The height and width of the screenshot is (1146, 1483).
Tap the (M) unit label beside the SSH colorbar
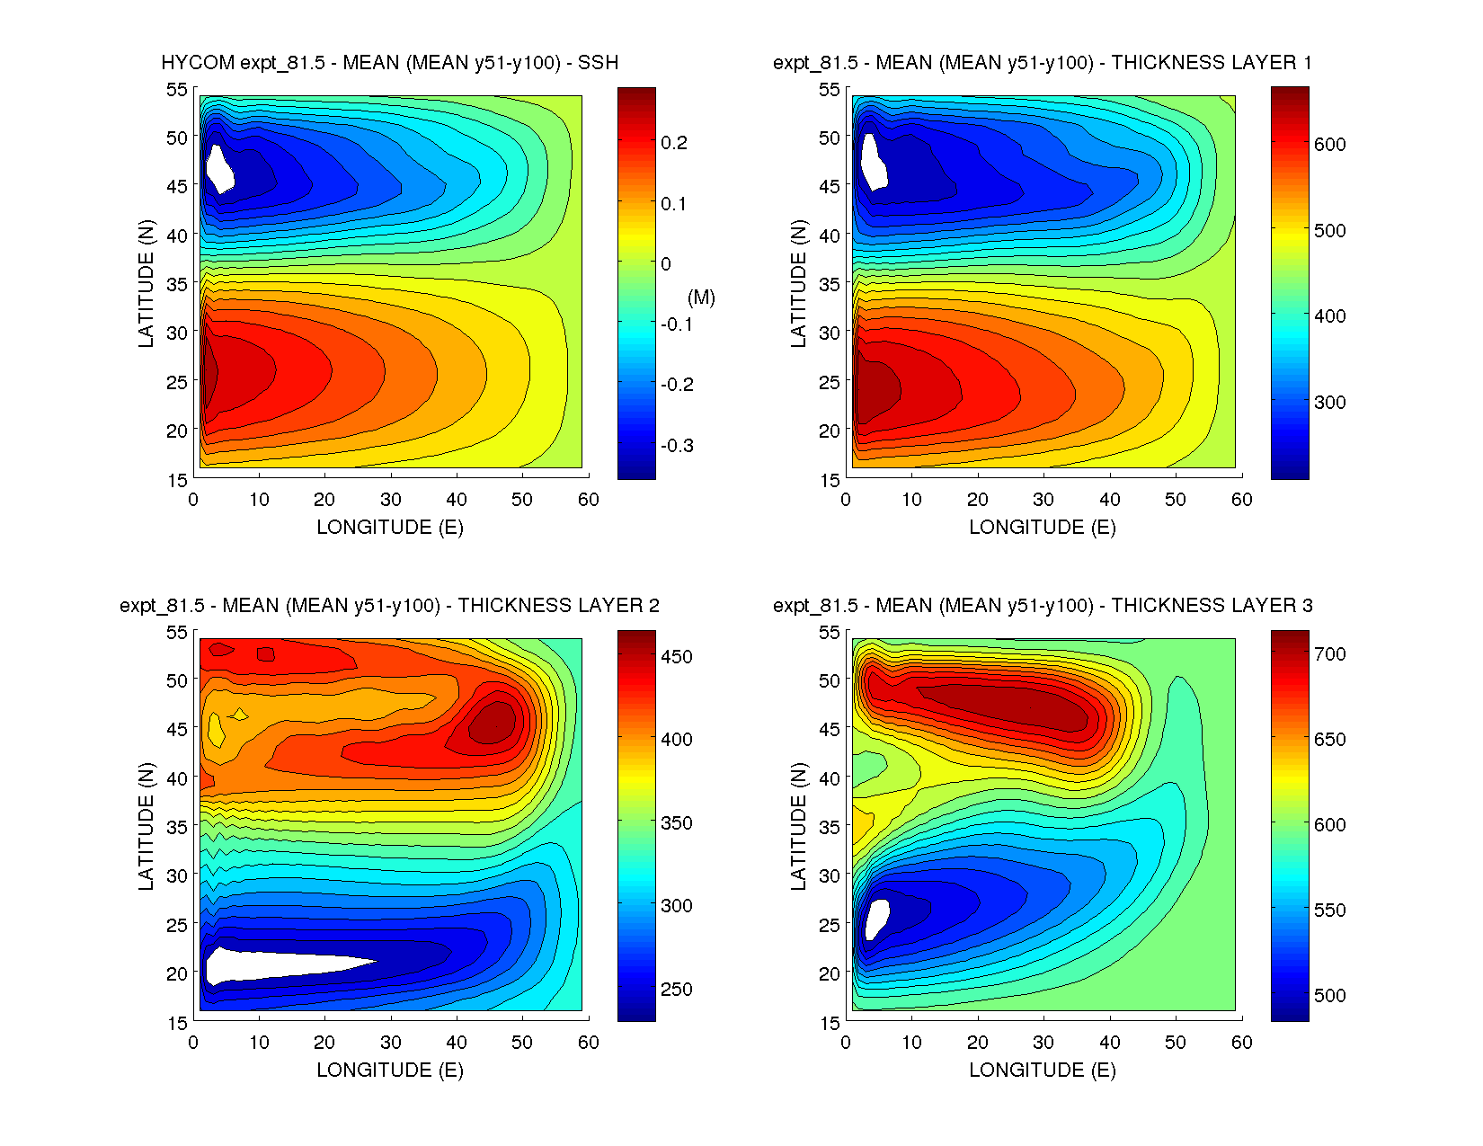click(x=701, y=298)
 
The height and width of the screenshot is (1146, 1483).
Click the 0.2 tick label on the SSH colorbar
click(x=674, y=143)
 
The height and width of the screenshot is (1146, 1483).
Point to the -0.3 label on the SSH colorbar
click(x=678, y=446)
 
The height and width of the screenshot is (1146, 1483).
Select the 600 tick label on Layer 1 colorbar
click(x=1329, y=144)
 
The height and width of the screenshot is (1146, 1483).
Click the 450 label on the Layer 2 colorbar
click(x=677, y=656)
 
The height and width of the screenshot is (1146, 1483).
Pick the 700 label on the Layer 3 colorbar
click(x=1329, y=653)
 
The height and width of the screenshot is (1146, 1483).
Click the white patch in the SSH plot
click(x=218, y=168)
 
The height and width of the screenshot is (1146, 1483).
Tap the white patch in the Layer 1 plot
click(x=872, y=163)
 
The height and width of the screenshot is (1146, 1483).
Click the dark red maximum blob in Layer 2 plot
click(x=493, y=722)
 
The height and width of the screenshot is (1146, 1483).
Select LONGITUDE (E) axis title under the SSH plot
click(x=390, y=528)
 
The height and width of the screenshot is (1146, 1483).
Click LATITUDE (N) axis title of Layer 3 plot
click(x=798, y=826)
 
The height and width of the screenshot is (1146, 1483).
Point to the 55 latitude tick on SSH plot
click(x=177, y=89)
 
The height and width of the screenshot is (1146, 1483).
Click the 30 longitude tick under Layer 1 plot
click(x=1043, y=500)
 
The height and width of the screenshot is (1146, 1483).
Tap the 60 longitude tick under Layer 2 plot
click(x=588, y=1043)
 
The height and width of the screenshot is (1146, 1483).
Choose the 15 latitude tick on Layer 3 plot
click(x=830, y=1022)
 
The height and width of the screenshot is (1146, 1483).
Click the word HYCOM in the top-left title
click(x=198, y=63)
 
